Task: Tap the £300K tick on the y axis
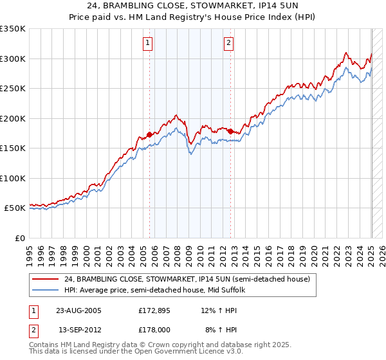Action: [x=12, y=59]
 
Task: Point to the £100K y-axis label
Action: [x=12, y=178]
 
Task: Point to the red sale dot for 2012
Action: [x=230, y=131]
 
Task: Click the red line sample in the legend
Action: [x=46, y=280]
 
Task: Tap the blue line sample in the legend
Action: [x=46, y=290]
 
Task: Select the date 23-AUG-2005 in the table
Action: [x=79, y=310]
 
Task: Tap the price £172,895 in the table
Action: [x=154, y=310]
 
